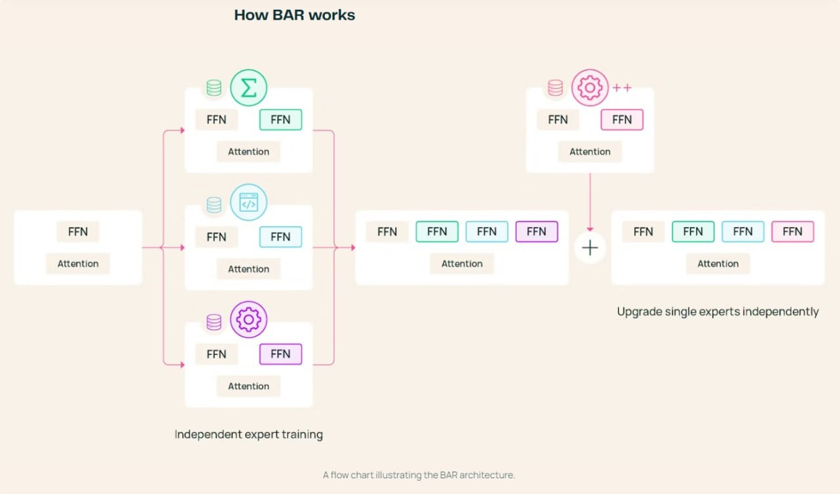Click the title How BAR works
pyautogui.click(x=295, y=14)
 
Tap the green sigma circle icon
pyautogui.click(x=249, y=88)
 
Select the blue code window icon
pyautogui.click(x=249, y=203)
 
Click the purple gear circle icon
pyautogui.click(x=249, y=319)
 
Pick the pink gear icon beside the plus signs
pyautogui.click(x=590, y=88)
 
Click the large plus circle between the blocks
pyautogui.click(x=590, y=248)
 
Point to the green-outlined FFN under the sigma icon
pyautogui.click(x=280, y=119)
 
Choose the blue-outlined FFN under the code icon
pyautogui.click(x=280, y=237)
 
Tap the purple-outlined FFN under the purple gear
pyautogui.click(x=280, y=354)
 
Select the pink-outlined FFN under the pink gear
pyautogui.click(x=621, y=119)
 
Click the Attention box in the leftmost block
pyautogui.click(x=78, y=264)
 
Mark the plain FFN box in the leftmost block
pyautogui.click(x=78, y=232)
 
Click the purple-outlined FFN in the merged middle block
pyautogui.click(x=536, y=232)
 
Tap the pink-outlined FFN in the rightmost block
pyautogui.click(x=792, y=232)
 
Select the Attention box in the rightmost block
pyautogui.click(x=718, y=264)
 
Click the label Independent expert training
pyautogui.click(x=249, y=434)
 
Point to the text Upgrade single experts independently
pyautogui.click(x=718, y=312)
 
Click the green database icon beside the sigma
pyautogui.click(x=214, y=89)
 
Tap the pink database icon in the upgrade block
pyautogui.click(x=555, y=89)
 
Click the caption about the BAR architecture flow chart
pyautogui.click(x=419, y=475)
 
